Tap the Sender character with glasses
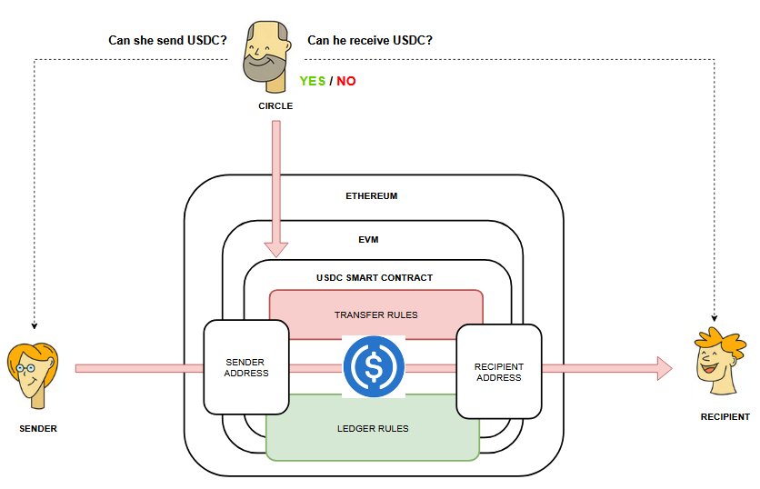pos(33,374)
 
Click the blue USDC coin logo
pos(373,366)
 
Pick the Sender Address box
pos(246,367)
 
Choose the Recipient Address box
pos(498,372)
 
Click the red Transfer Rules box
pos(375,314)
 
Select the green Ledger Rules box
pos(373,428)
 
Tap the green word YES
pos(313,81)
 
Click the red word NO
pos(346,81)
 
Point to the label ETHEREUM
pos(371,195)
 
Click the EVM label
pos(368,240)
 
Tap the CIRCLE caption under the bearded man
pos(275,105)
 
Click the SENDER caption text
pos(37,428)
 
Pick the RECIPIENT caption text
pos(725,417)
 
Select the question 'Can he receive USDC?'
pos(370,40)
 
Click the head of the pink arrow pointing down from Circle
pos(275,248)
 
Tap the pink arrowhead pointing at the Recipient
pos(663,368)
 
